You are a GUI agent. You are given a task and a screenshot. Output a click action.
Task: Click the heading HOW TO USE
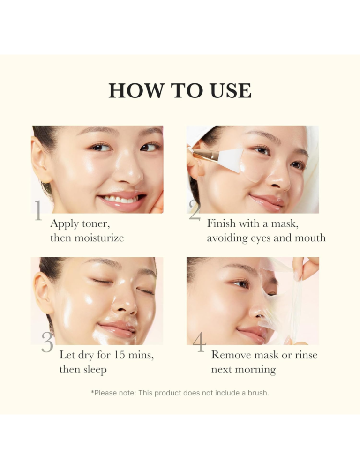click(180, 90)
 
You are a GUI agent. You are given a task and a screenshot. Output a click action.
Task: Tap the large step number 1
click(38, 211)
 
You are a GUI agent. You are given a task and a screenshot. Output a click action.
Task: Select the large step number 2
click(195, 211)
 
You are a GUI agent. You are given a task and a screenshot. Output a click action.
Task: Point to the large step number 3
click(47, 343)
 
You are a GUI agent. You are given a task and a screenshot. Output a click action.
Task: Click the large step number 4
click(199, 343)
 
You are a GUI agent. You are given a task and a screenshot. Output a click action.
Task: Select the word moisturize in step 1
click(101, 238)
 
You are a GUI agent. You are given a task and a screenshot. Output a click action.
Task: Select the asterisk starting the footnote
click(92, 392)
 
